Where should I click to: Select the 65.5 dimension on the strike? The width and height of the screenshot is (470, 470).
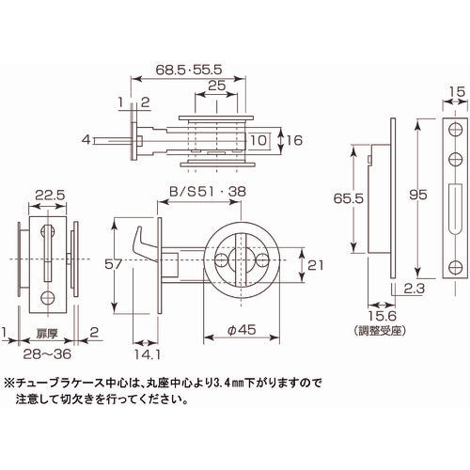(347, 199)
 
